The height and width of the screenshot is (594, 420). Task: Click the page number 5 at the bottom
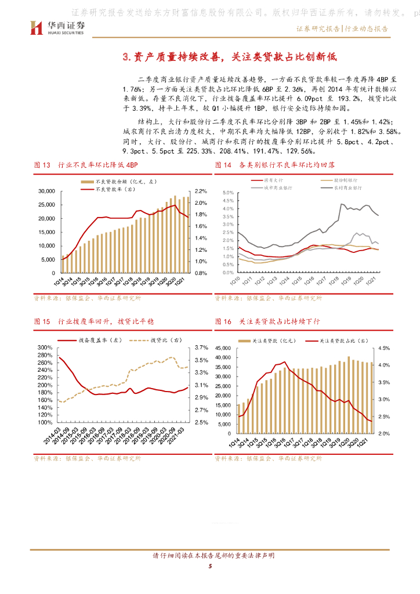210,567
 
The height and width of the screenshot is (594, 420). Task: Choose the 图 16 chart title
267,321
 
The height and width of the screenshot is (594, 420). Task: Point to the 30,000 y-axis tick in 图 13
46,191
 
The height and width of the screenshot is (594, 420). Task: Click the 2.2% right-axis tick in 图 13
201,191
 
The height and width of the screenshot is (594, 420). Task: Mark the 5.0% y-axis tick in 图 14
227,192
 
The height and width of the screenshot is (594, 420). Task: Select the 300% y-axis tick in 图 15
45,347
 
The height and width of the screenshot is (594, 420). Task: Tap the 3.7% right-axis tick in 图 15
201,347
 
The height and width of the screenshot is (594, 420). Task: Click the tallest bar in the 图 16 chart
349,390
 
